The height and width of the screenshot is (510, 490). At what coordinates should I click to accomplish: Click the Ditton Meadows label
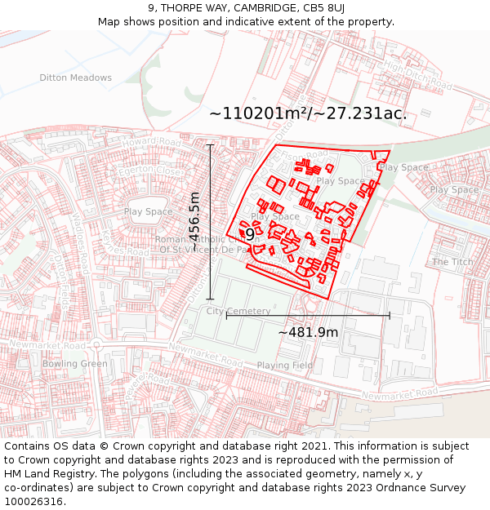pos(75,78)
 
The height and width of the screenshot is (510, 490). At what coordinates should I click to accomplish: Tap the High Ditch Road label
pos(417,73)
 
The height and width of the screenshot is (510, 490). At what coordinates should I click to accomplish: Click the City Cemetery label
pos(238,312)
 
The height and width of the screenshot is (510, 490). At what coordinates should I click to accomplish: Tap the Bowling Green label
pos(74,364)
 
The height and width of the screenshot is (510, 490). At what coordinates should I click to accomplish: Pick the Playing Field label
pos(284,366)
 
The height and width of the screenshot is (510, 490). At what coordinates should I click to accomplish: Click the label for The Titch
pos(452,262)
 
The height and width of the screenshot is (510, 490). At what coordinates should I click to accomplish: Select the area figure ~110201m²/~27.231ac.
pos(308,114)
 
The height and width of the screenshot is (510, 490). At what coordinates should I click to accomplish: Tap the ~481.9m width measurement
pos(308,332)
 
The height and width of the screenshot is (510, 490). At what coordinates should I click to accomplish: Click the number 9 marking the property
pos(250,234)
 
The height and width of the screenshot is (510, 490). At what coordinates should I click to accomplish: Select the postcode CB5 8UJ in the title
pos(324,8)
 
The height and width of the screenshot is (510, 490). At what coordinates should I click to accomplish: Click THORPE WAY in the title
pos(196,8)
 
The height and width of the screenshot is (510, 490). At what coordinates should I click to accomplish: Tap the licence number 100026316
pos(34,502)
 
